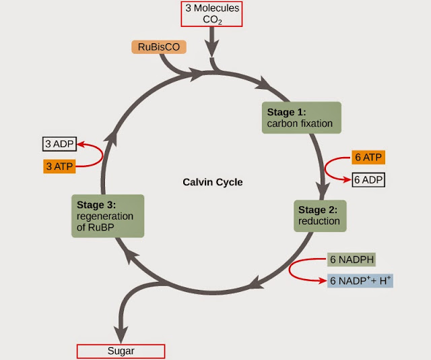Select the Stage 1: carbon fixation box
pos(301,118)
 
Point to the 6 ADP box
pos(368,180)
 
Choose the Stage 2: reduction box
pos(319,215)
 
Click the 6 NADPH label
pos(350,260)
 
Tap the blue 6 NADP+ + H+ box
pos(359,280)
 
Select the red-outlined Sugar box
pos(121,351)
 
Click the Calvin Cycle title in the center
pos(212,182)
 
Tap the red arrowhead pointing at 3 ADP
pos(81,144)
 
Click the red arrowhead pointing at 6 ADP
pos(345,180)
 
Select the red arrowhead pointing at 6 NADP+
pos(322,280)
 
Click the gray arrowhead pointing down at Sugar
pos(121,335)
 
